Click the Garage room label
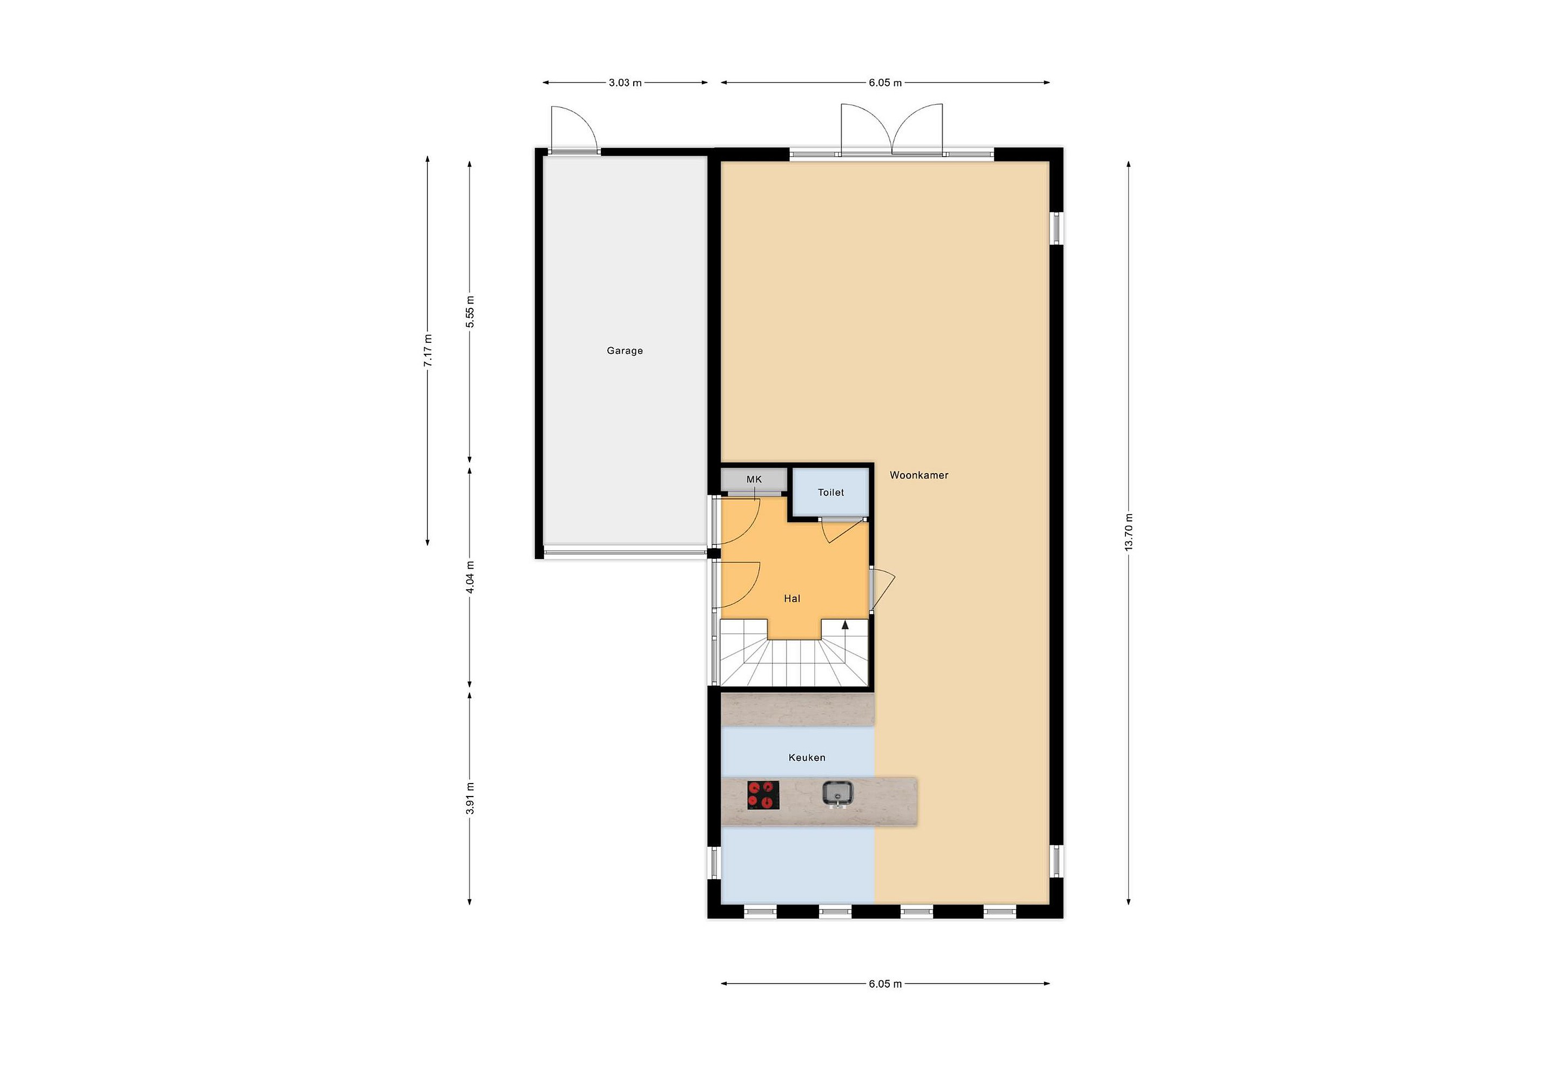[x=625, y=350]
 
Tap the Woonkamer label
[x=918, y=475]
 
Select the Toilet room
[x=831, y=492]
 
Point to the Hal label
[x=792, y=599]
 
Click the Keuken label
[x=807, y=758]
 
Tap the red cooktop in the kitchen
[x=763, y=795]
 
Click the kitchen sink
[x=837, y=794]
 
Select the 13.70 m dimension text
[x=1129, y=532]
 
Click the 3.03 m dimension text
[x=625, y=83]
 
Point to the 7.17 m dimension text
[x=428, y=350]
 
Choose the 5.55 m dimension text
[x=470, y=312]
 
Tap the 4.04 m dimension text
[x=470, y=577]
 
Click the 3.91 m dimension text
[x=470, y=798]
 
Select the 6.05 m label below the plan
[x=885, y=984]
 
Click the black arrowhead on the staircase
[x=845, y=625]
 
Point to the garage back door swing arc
[x=582, y=120]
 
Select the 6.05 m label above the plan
[x=885, y=83]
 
